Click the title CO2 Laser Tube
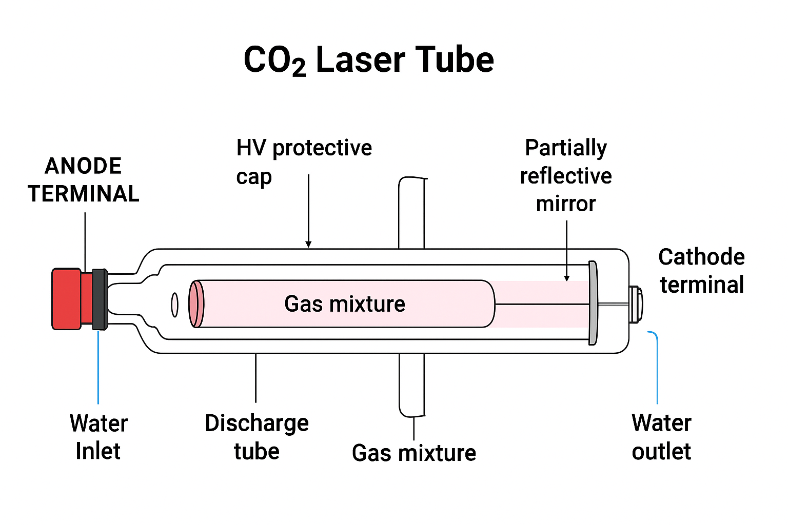click(368, 60)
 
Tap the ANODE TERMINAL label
click(84, 180)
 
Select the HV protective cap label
click(304, 161)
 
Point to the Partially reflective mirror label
click(566, 175)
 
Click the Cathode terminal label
click(701, 271)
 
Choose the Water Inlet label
click(98, 437)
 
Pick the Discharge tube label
click(257, 437)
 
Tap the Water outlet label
click(661, 437)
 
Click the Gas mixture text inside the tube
click(345, 304)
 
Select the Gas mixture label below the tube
click(414, 453)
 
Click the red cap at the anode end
click(67, 298)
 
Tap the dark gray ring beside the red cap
click(100, 298)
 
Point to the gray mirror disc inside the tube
click(593, 302)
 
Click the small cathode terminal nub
click(636, 304)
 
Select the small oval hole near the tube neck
click(174, 305)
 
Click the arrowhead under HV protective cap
click(308, 244)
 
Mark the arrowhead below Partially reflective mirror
click(566, 278)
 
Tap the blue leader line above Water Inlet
click(98, 367)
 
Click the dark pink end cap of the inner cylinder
click(196, 304)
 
